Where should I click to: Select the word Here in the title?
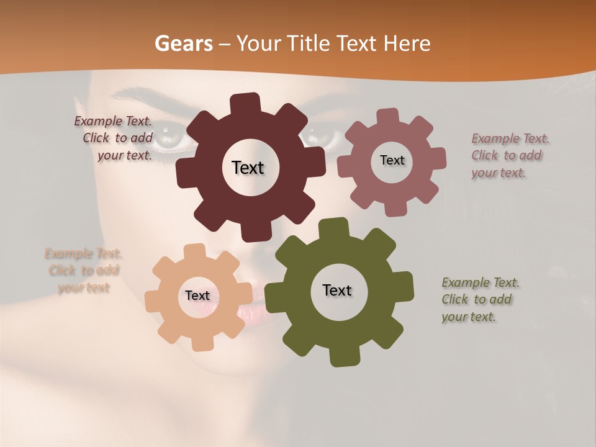click(407, 43)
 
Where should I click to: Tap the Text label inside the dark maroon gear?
click(248, 168)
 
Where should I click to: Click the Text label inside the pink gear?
click(392, 160)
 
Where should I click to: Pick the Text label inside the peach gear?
click(197, 296)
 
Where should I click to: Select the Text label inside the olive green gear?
click(337, 291)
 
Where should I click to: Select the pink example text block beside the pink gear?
click(509, 155)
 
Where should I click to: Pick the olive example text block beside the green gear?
click(479, 299)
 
